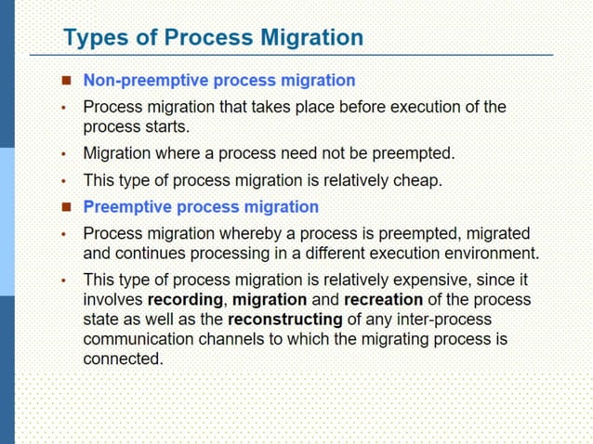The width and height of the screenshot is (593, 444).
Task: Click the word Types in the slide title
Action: point(92,38)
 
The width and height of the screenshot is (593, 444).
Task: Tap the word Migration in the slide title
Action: point(311,38)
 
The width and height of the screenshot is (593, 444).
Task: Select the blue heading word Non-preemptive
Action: point(139,81)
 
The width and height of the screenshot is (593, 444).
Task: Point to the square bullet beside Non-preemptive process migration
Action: point(66,82)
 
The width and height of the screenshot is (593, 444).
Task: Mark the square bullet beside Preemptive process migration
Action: point(66,207)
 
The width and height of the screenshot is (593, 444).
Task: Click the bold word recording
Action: point(185,300)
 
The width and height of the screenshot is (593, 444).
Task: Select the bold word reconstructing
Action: point(285,320)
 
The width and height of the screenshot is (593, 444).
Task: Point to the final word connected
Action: point(123,359)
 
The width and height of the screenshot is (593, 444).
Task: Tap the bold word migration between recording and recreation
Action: point(270,300)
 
